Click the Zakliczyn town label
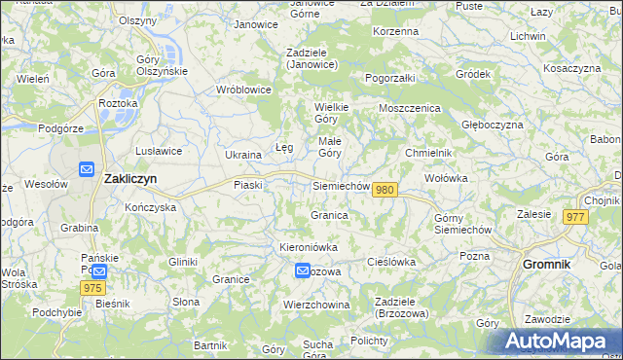130,179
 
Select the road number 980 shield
385,190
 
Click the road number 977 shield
573,217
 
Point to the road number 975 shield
92,288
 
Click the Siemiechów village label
341,186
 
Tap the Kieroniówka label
308,247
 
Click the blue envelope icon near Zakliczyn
87,168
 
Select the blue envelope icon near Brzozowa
303,271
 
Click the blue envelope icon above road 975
98,271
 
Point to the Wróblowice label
243,90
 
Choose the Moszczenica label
410,108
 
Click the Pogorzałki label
390,77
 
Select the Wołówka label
447,179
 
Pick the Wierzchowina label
316,305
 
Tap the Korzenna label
395,31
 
